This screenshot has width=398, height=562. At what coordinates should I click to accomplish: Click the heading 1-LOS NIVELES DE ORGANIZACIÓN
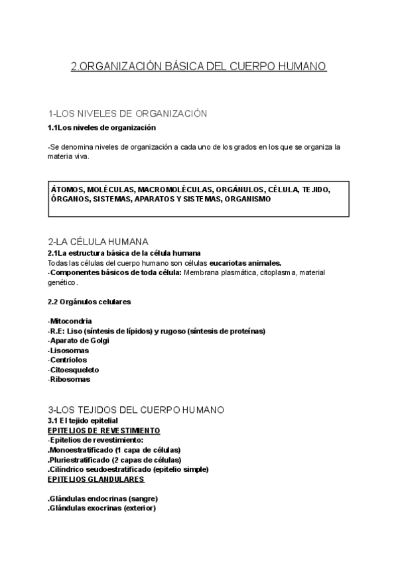pyautogui.click(x=128, y=114)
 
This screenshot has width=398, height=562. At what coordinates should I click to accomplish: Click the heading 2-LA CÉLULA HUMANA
pyautogui.click(x=98, y=241)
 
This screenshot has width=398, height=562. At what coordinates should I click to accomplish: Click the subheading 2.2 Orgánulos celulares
pyautogui.click(x=90, y=302)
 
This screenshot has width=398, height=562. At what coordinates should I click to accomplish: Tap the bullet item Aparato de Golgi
pyautogui.click(x=79, y=341)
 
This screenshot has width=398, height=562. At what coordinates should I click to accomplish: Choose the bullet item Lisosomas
pyautogui.click(x=69, y=351)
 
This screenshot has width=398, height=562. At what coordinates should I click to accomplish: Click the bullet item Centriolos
pyautogui.click(x=69, y=361)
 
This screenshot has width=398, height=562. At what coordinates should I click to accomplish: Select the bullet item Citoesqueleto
pyautogui.click(x=74, y=370)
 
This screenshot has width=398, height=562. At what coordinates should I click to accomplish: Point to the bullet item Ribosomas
pyautogui.click(x=70, y=380)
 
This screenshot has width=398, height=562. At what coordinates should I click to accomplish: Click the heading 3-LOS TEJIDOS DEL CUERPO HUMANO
pyautogui.click(x=136, y=409)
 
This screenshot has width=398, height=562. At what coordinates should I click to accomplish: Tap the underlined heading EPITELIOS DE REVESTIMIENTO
pyautogui.click(x=104, y=430)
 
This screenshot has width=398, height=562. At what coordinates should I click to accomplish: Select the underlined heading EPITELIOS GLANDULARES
pyautogui.click(x=96, y=478)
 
